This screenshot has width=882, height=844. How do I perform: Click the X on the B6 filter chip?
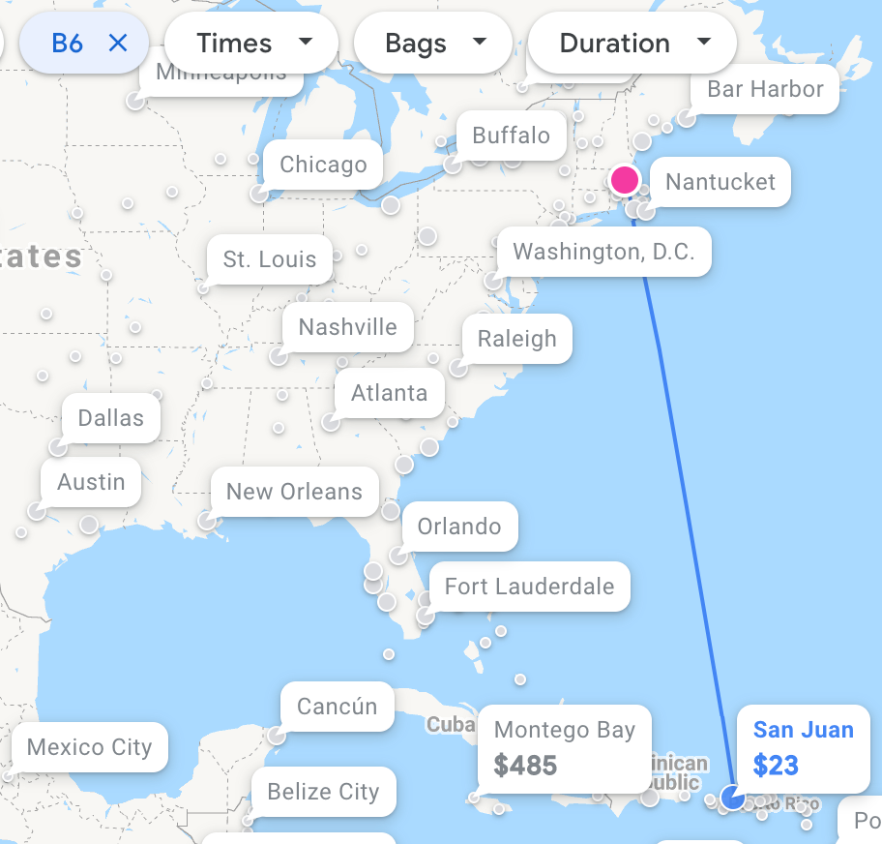point(118,44)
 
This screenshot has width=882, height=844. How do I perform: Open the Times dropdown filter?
point(251,44)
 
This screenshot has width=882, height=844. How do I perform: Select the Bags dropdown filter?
point(433,44)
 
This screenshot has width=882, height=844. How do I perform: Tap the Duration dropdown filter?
point(632,44)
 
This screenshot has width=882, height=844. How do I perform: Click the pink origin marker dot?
point(625,179)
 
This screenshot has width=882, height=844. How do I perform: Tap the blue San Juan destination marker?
point(733,798)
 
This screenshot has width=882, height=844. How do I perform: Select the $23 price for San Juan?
point(776,766)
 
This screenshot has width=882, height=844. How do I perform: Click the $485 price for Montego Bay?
point(525,766)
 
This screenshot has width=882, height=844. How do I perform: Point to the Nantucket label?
point(720,182)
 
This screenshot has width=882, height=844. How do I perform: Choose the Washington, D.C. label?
point(603,253)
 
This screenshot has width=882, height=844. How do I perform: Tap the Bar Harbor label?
point(765,89)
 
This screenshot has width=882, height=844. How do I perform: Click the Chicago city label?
point(323,165)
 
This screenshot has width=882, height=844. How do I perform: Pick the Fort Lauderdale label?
point(529,587)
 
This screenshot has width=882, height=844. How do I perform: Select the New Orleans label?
point(294,492)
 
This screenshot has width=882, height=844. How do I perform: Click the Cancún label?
point(337,707)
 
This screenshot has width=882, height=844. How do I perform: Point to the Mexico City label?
point(90,747)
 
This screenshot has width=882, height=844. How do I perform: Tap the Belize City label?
point(323,792)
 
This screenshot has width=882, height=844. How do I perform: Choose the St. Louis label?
point(270,259)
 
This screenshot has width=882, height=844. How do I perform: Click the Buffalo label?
point(511,136)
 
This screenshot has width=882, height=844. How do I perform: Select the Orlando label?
point(459,527)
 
